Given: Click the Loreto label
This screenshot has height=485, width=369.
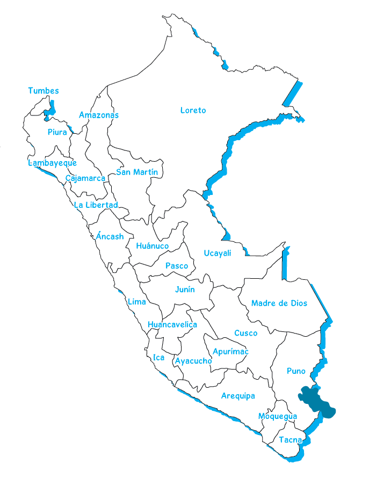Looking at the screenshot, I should tap(193, 110).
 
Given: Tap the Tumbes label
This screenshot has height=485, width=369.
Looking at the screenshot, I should tap(44, 91).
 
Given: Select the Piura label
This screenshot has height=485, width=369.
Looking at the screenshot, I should tap(57, 132).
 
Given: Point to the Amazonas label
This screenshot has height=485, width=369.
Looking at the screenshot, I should tap(98, 115).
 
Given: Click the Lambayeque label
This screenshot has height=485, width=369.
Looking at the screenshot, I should tap(53, 163).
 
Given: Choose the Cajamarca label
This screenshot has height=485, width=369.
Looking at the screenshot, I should tap(85, 178).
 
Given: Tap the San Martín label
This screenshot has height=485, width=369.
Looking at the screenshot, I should tap(137, 172).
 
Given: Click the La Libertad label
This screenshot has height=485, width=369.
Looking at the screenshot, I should tap(96, 205).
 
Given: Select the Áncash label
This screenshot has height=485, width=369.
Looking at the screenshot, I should tap(110, 236).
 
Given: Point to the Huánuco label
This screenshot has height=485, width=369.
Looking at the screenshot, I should tap(152, 246).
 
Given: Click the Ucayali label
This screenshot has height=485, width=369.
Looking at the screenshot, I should tap(217, 253).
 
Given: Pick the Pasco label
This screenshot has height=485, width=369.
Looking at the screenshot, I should tap(177, 266).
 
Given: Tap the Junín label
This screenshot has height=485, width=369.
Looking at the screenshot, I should tap(185, 289).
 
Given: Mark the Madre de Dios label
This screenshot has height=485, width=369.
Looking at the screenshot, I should tap(279, 303).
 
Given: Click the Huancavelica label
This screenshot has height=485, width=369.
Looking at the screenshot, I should tap(172, 324).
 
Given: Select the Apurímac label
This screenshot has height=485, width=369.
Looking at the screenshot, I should tap(230, 351).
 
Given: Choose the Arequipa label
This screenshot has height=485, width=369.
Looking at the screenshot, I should tap(238, 396).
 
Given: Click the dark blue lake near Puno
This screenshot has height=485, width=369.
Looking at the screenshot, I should tap(317, 400).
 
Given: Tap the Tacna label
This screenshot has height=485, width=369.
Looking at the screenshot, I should tap(290, 440).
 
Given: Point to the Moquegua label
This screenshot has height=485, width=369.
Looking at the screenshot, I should tap(277, 416).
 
